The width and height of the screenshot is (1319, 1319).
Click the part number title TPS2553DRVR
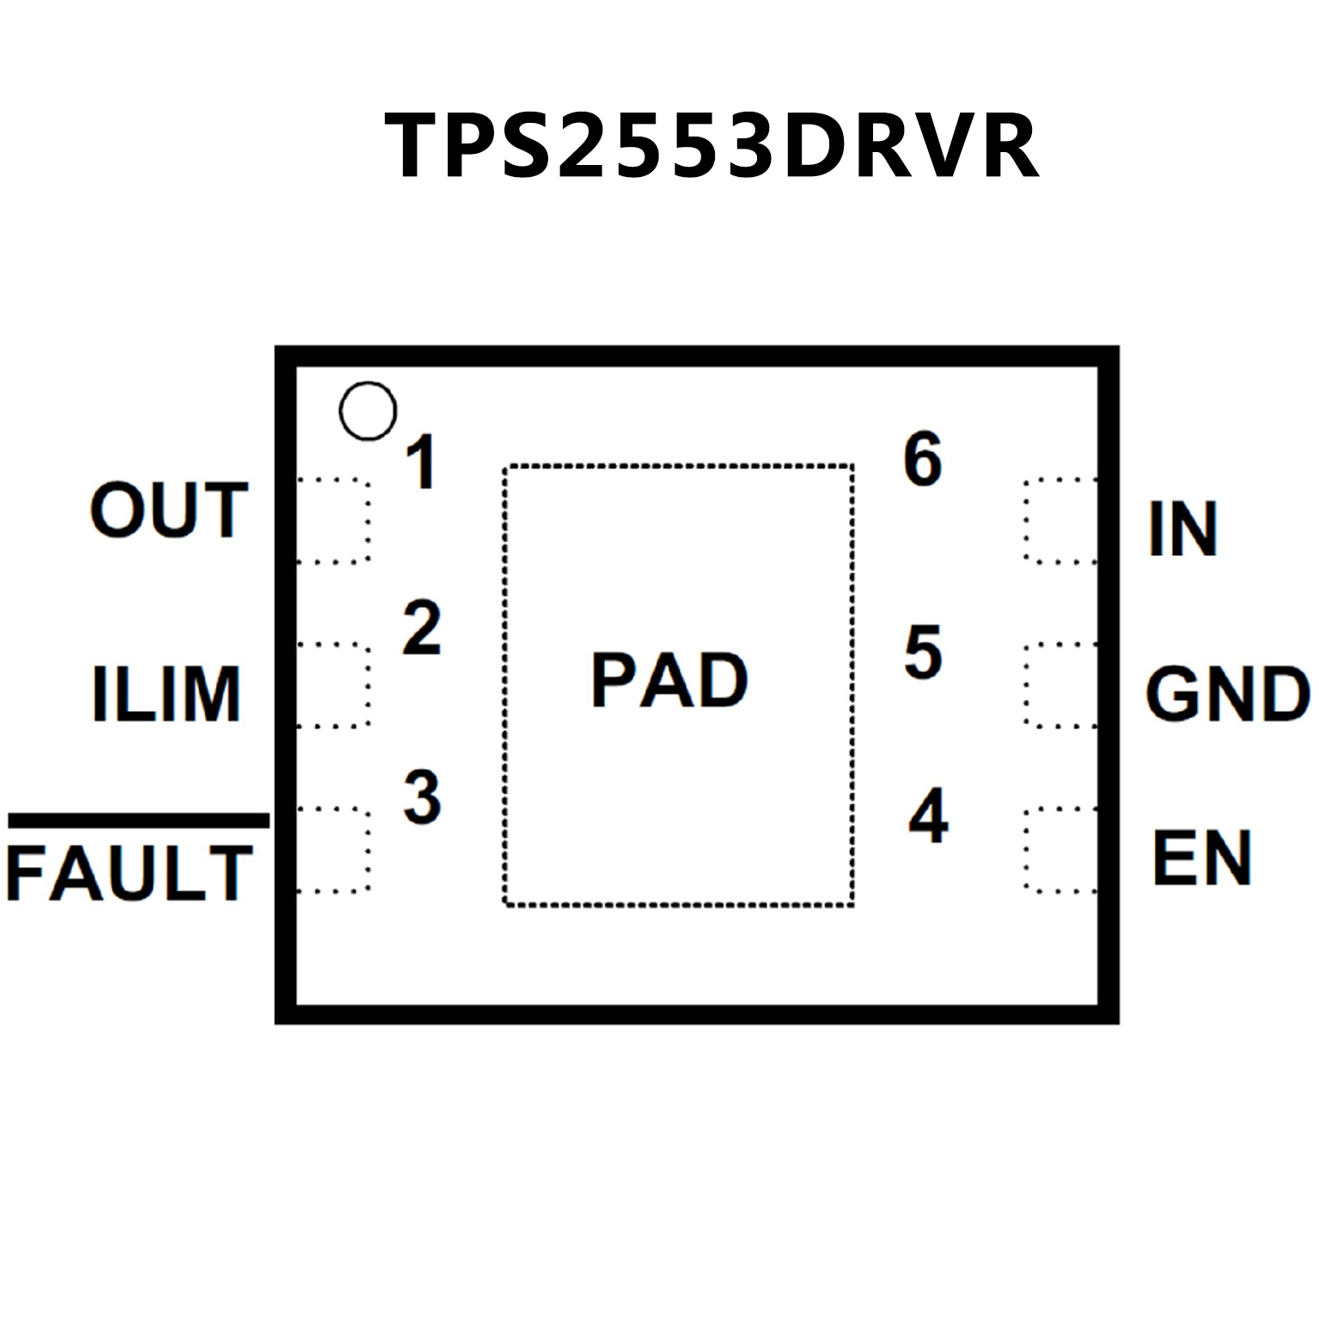pyautogui.click(x=711, y=146)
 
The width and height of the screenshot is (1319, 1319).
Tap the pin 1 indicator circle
pyautogui.click(x=368, y=411)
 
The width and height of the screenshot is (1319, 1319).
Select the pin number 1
pyautogui.click(x=421, y=462)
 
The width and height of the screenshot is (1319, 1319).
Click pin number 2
pyautogui.click(x=421, y=628)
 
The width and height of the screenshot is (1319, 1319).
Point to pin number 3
pyautogui.click(x=422, y=797)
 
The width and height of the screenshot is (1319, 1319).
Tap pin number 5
pyautogui.click(x=924, y=652)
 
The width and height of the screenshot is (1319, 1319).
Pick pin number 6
pyautogui.click(x=923, y=460)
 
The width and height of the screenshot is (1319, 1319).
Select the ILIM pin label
pyautogui.click(x=166, y=693)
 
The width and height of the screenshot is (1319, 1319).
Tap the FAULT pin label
pyautogui.click(x=130, y=873)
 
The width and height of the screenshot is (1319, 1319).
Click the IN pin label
pyautogui.click(x=1183, y=529)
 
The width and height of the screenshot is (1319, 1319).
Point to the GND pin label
pyautogui.click(x=1228, y=693)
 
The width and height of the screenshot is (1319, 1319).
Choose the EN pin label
pyautogui.click(x=1201, y=858)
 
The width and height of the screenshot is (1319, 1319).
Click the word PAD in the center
pyautogui.click(x=669, y=680)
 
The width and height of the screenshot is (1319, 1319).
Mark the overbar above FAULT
pyautogui.click(x=138, y=821)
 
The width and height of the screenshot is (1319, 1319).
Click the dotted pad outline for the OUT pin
pyautogui.click(x=333, y=521)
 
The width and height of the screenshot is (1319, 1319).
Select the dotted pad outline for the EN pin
pyautogui.click(x=1060, y=850)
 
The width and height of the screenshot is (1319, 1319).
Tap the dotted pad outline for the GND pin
pyautogui.click(x=1060, y=685)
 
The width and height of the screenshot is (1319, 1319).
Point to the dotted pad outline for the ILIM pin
pyautogui.click(x=333, y=685)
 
